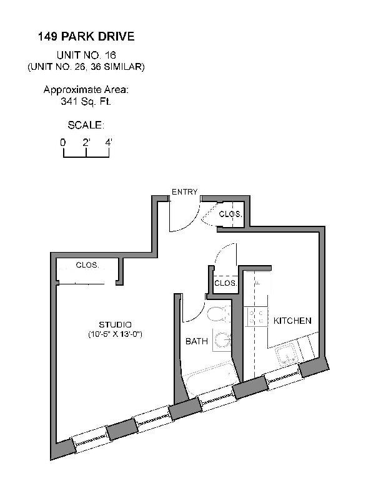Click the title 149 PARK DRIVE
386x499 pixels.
(x=87, y=37)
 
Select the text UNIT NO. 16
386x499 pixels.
(x=87, y=55)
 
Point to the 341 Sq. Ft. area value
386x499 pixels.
(x=87, y=100)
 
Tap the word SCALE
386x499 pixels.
(x=86, y=125)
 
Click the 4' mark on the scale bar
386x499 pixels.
(x=109, y=142)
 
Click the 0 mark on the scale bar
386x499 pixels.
(x=63, y=142)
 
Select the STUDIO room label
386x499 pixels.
(x=115, y=324)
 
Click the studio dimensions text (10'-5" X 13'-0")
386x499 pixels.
(x=114, y=335)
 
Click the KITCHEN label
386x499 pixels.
(x=292, y=321)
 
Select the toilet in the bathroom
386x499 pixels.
(x=218, y=314)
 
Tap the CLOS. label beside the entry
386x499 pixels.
(x=230, y=214)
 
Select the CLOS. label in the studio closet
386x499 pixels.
(x=87, y=265)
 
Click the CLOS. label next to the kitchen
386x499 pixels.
(x=225, y=283)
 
